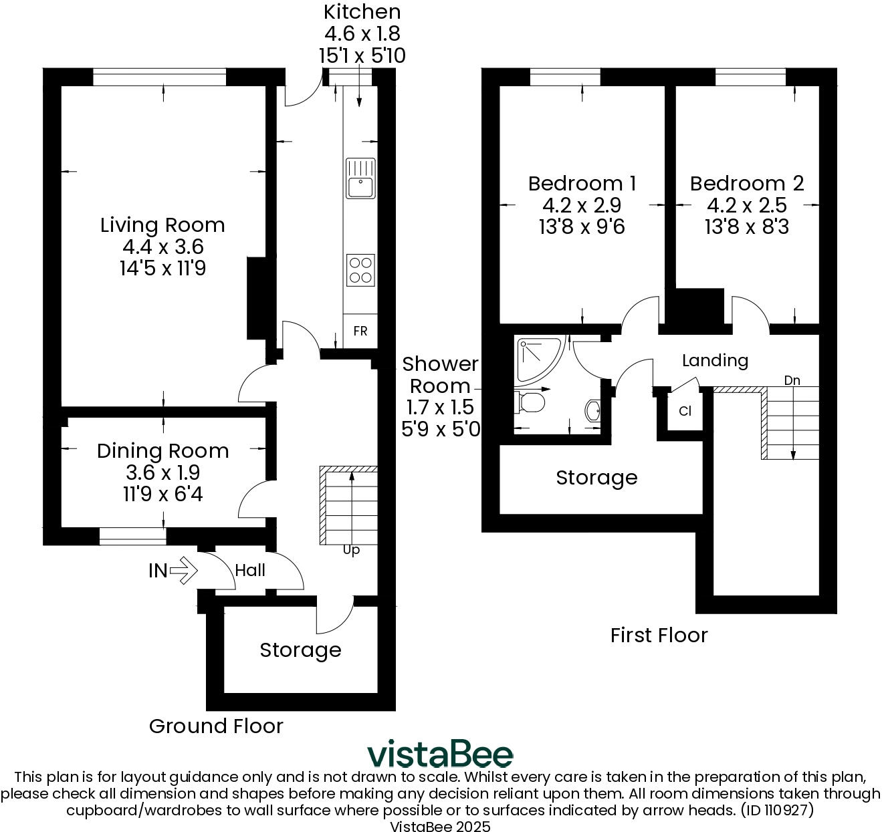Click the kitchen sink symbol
(360, 178)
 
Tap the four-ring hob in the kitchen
(360, 270)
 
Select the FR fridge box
(360, 331)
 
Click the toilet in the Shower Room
(530, 402)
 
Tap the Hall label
(250, 570)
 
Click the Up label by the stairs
(351, 551)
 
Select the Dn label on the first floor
(792, 380)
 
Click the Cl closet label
(685, 411)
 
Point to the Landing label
(715, 360)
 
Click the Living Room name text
(162, 225)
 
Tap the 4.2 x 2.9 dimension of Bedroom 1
(582, 205)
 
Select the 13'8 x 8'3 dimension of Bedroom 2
(746, 227)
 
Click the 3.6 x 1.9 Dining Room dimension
(162, 472)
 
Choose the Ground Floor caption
(216, 726)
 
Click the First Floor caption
(659, 636)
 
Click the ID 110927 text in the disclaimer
(777, 810)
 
